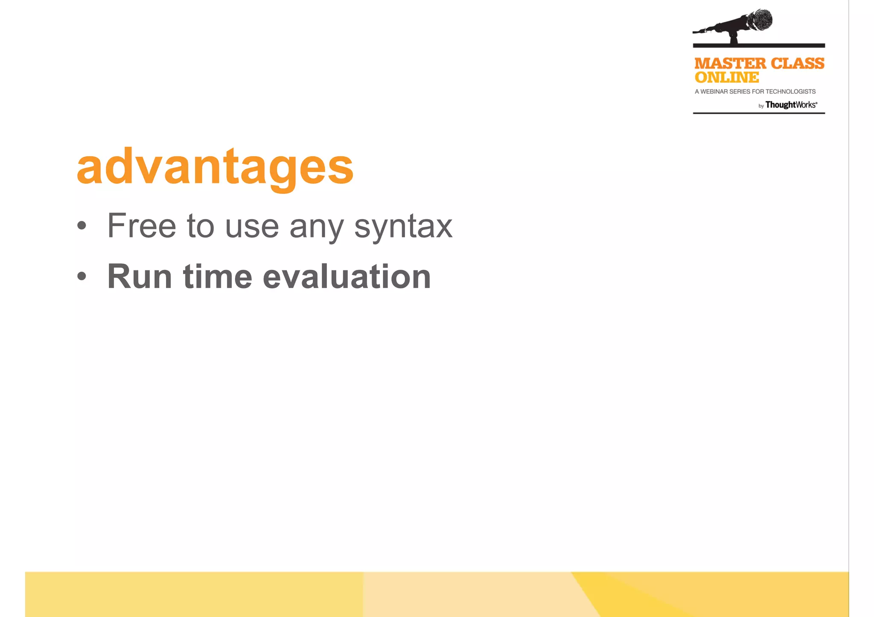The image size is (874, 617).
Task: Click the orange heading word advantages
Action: click(x=215, y=167)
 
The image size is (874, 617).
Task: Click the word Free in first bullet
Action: click(x=141, y=226)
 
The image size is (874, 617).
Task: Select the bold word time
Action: click(x=218, y=277)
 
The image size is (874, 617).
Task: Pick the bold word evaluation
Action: click(x=347, y=277)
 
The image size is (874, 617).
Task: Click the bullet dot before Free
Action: click(x=82, y=226)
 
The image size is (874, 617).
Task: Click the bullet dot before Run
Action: click(x=82, y=277)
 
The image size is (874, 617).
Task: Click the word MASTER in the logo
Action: click(x=730, y=64)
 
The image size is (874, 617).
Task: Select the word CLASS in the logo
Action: click(x=797, y=64)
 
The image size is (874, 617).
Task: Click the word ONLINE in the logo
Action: click(x=726, y=78)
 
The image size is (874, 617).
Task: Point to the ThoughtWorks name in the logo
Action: click(x=791, y=105)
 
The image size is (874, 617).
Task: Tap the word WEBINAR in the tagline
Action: click(x=714, y=92)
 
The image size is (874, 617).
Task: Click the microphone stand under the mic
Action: click(x=734, y=38)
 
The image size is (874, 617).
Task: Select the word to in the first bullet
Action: click(x=200, y=227)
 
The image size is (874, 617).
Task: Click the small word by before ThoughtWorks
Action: click(x=761, y=106)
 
